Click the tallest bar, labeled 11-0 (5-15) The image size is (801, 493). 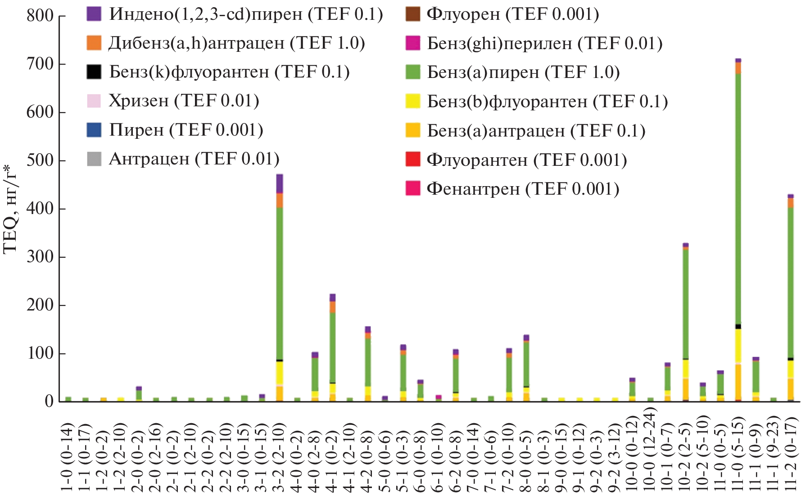point(738,225)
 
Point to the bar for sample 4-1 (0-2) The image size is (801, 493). point(332,347)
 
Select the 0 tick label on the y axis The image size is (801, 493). point(49,402)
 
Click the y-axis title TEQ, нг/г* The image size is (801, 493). point(10,210)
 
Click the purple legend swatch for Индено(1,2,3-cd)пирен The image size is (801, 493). point(94,14)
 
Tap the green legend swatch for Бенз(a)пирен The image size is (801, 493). point(412,72)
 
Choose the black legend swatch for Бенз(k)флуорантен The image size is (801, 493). point(94,72)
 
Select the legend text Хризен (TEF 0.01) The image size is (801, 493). point(184,101)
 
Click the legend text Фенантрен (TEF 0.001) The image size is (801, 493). point(523,189)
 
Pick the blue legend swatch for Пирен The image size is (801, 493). point(94,130)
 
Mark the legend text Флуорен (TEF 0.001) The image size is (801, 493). point(512,14)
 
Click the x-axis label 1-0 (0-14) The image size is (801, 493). point(68,457)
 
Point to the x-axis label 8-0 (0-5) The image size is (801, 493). point(526,457)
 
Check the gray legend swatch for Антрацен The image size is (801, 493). point(94,159)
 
